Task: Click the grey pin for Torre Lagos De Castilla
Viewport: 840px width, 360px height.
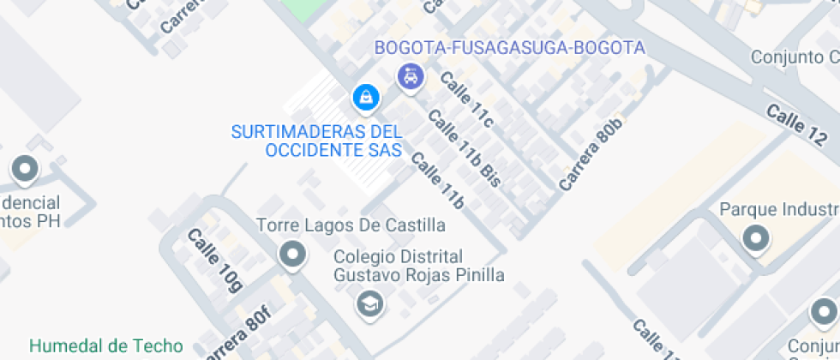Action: tap(293, 255)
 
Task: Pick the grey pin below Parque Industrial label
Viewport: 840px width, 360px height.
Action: tap(756, 238)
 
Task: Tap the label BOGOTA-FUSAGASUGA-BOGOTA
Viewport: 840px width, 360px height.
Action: tap(509, 48)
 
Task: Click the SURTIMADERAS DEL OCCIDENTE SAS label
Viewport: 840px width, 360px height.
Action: tap(316, 141)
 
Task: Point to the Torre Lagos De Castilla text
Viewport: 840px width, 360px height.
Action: tap(351, 225)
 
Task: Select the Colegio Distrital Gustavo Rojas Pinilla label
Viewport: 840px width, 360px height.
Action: tap(418, 266)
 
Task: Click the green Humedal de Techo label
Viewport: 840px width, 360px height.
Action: tap(106, 346)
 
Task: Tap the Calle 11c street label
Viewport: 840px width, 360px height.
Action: tap(467, 99)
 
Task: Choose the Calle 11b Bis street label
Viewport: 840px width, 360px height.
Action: tap(464, 149)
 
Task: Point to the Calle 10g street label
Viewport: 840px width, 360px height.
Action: tap(214, 261)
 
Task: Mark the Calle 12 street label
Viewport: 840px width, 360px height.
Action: tap(798, 124)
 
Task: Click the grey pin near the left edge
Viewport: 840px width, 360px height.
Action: tap(24, 169)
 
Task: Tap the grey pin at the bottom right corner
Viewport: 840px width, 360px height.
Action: tap(826, 310)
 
